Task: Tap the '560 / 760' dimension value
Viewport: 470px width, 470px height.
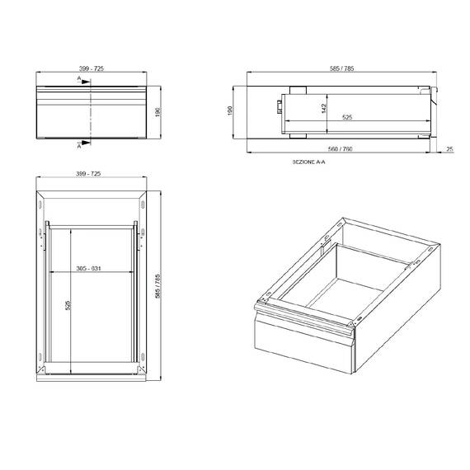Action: pos(339,149)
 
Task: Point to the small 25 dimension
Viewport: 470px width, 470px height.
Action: pos(450,149)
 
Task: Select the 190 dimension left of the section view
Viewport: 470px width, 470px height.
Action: pos(232,110)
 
